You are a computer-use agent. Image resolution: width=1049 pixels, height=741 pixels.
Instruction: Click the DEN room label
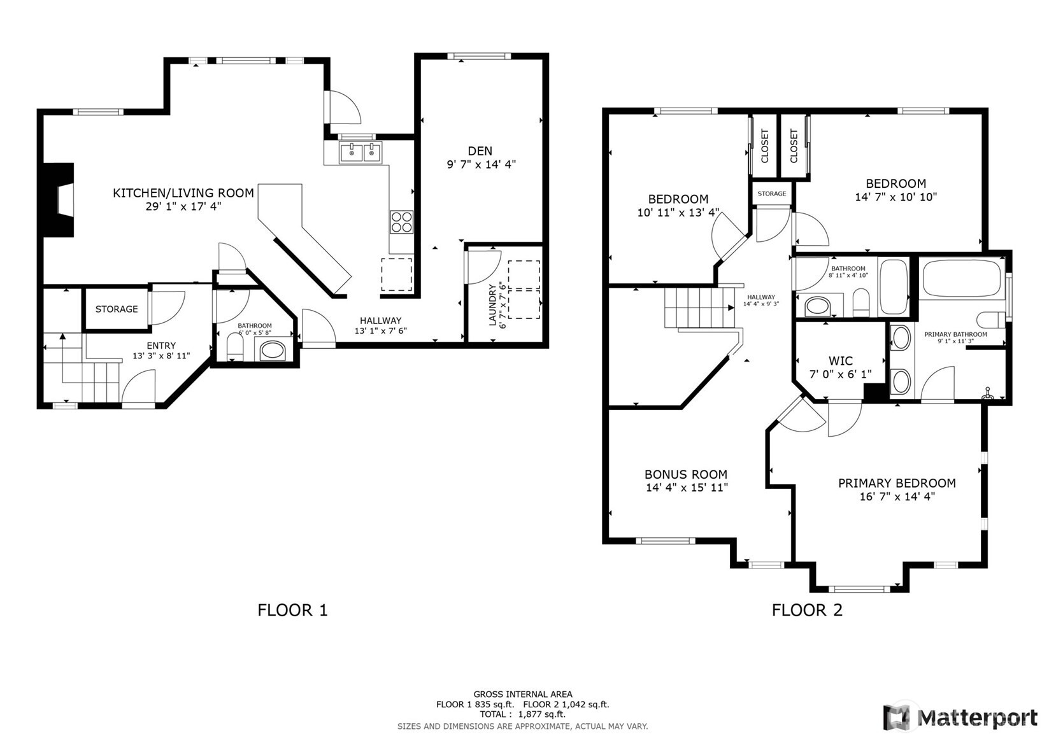(480, 151)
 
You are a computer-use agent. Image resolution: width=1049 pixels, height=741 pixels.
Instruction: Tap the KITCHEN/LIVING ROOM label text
(183, 193)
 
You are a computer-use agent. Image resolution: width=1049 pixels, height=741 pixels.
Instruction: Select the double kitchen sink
(360, 152)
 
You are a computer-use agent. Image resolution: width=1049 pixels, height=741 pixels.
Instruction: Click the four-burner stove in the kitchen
(402, 222)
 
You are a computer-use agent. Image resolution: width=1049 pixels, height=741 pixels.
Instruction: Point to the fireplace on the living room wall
(59, 200)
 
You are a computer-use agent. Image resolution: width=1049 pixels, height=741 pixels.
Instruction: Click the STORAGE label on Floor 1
(117, 309)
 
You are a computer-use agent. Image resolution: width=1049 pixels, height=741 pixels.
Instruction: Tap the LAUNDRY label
(492, 305)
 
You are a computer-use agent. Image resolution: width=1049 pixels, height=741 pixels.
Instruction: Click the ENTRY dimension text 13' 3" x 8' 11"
(161, 356)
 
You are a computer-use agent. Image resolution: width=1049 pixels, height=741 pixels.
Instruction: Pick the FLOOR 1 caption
(293, 610)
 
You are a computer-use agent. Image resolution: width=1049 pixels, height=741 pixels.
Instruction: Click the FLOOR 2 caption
(808, 610)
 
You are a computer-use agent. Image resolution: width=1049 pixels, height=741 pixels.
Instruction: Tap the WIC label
(841, 361)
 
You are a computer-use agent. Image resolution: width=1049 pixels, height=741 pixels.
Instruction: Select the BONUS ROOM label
(686, 474)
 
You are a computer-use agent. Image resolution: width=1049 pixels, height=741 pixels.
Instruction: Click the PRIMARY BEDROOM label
(897, 483)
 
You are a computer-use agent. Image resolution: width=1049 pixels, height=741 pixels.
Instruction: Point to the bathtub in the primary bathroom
(962, 278)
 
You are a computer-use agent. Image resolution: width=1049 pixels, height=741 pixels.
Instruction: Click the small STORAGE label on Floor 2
(772, 194)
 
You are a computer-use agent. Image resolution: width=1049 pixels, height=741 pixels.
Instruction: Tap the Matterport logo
(960, 717)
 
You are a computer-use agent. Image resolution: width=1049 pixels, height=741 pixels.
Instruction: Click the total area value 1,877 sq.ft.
(542, 714)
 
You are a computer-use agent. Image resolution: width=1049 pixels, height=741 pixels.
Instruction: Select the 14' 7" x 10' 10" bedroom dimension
(896, 197)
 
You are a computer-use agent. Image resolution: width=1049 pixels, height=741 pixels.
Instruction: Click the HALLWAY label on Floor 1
(381, 321)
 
